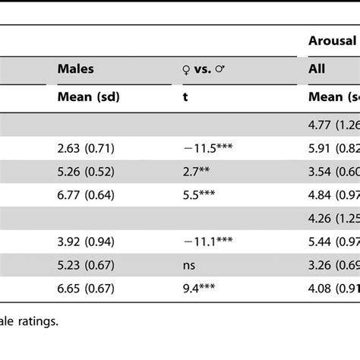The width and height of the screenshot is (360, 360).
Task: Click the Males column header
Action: (76, 69)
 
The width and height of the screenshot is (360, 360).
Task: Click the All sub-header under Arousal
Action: (317, 69)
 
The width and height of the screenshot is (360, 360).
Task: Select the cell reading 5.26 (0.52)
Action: (88, 172)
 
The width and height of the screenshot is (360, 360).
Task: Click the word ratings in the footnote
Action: (37, 342)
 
